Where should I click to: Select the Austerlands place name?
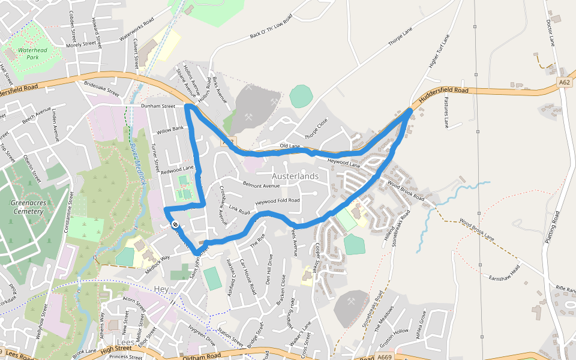pos(295,176)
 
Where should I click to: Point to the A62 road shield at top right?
pos(563,83)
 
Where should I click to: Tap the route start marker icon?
pos(175,225)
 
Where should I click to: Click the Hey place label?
pos(161,289)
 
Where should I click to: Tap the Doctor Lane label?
pos(550,32)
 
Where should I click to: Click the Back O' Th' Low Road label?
pos(271,27)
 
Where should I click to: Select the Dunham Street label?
pos(158,106)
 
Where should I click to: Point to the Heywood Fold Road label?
pos(278,200)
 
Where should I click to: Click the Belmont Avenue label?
pos(261,185)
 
